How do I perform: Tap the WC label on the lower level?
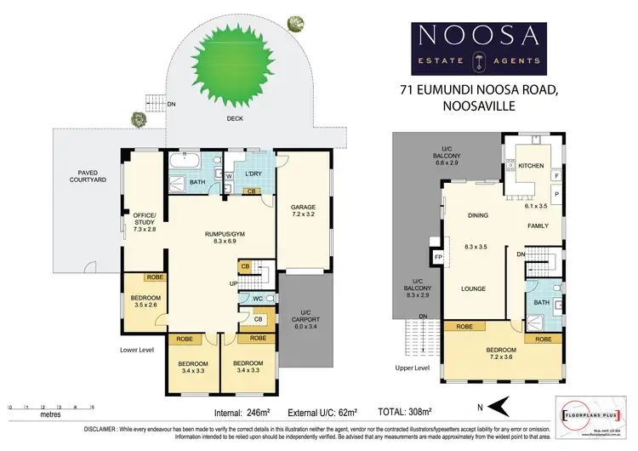point(256,299)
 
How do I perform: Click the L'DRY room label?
point(253,174)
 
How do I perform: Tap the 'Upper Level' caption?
point(412,368)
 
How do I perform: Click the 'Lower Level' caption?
point(137,348)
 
